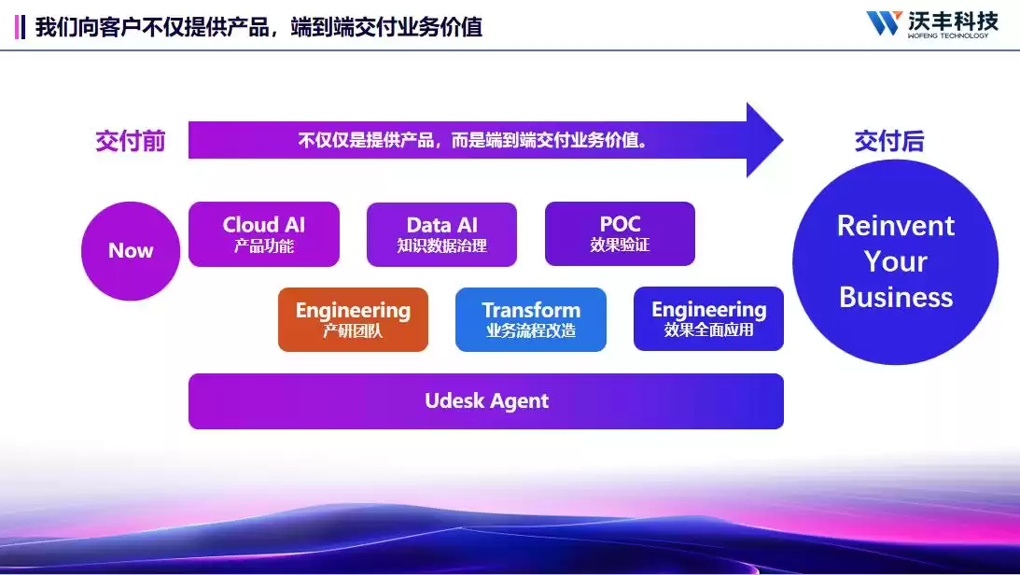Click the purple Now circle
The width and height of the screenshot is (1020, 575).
tap(131, 251)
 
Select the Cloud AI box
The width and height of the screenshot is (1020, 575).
tap(264, 234)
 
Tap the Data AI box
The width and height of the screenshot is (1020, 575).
tap(441, 234)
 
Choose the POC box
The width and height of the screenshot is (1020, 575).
tap(620, 233)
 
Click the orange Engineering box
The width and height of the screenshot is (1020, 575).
tap(353, 319)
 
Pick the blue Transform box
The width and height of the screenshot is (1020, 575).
tap(531, 319)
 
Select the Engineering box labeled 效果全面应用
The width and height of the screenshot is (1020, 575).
tap(708, 319)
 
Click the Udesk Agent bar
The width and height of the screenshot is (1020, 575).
tap(486, 401)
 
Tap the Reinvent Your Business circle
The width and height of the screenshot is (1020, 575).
tap(895, 262)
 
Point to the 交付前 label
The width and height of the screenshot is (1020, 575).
tap(131, 141)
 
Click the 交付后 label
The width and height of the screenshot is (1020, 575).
tap(889, 141)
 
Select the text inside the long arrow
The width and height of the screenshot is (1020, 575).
tap(473, 141)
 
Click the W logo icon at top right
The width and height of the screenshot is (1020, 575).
tap(883, 22)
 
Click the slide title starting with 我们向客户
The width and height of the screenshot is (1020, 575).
tap(258, 26)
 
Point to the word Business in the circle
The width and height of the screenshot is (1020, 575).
tap(896, 298)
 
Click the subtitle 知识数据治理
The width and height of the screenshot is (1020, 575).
tap(441, 246)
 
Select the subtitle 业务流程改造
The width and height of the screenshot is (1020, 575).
tap(531, 330)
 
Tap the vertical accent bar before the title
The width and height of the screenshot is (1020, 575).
tap(21, 26)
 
